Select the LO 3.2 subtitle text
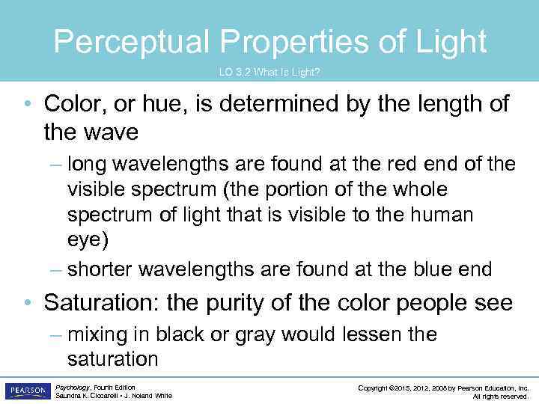(x=269, y=72)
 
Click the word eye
(x=85, y=241)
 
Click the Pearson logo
(x=27, y=391)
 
